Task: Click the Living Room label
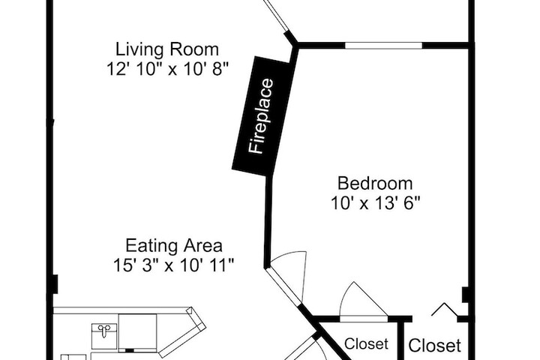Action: click(x=167, y=50)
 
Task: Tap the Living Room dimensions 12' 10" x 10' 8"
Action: click(x=168, y=69)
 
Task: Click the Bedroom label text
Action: click(x=375, y=183)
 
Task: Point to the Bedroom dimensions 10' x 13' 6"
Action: click(x=376, y=203)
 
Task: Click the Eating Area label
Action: click(x=174, y=246)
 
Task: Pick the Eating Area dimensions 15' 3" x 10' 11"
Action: click(x=174, y=265)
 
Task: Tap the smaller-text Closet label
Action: click(x=366, y=343)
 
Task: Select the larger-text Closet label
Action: click(x=434, y=346)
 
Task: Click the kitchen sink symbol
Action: click(x=104, y=336)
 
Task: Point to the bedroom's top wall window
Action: click(x=383, y=46)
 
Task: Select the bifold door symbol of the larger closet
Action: click(x=445, y=309)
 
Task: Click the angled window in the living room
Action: click(x=275, y=16)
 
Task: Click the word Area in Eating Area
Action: click(x=202, y=246)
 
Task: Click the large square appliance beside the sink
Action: click(x=137, y=333)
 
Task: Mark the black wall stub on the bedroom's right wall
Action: click(x=465, y=295)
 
